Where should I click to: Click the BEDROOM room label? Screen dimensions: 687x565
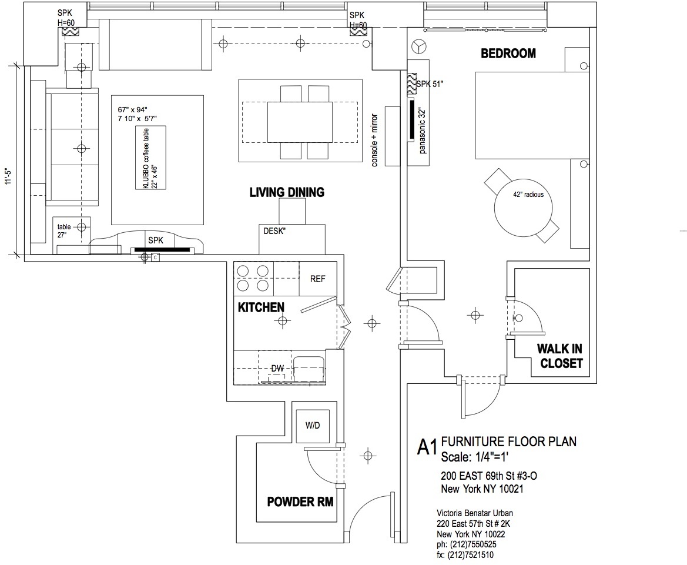click(x=508, y=54)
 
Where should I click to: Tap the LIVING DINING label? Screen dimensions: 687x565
click(x=287, y=192)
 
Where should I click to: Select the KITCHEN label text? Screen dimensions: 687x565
click(x=261, y=307)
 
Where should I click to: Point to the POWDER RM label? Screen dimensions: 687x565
click(x=300, y=502)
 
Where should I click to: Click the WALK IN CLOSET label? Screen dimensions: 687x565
click(x=561, y=356)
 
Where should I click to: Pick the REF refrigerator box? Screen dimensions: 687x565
click(x=318, y=279)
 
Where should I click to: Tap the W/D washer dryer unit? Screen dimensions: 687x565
click(x=313, y=426)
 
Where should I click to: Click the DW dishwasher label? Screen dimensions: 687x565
click(x=277, y=368)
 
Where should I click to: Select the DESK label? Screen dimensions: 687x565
click(x=274, y=230)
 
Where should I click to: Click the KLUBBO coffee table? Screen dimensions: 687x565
click(x=150, y=158)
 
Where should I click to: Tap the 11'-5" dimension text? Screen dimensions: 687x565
click(x=8, y=176)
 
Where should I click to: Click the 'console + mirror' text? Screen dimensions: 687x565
click(x=374, y=141)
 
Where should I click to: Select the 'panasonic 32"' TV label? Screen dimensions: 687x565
click(x=423, y=131)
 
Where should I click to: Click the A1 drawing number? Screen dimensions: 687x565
click(x=427, y=447)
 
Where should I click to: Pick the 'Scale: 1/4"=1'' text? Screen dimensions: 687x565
click(x=474, y=457)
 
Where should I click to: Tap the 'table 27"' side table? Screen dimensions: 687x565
click(x=72, y=235)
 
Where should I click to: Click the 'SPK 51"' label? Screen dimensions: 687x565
click(x=430, y=83)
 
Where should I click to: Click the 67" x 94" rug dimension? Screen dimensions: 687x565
click(x=133, y=109)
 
